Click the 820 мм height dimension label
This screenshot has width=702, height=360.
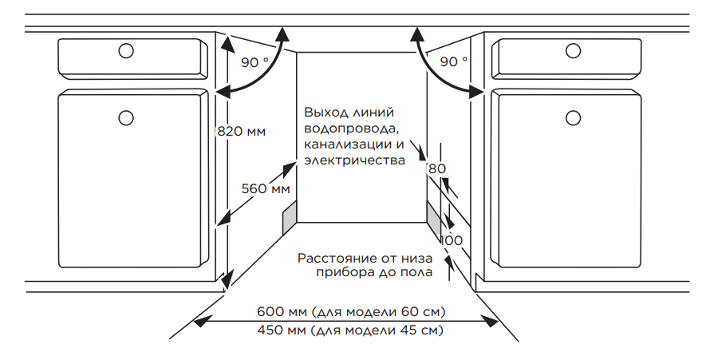(x=241, y=131)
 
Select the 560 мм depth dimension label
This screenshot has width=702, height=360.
(x=266, y=188)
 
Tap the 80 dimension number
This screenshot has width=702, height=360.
(x=437, y=168)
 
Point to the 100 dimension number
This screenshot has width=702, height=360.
(x=452, y=240)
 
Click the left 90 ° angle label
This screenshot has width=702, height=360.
(x=254, y=62)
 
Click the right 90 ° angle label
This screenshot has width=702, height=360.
(x=454, y=61)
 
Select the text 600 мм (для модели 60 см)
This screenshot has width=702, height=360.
(x=351, y=311)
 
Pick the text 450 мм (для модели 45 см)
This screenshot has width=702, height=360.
(x=350, y=330)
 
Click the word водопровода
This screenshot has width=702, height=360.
(x=351, y=129)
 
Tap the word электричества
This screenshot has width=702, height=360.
(x=354, y=160)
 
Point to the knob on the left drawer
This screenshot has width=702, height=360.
(x=126, y=50)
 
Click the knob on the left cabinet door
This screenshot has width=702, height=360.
(x=126, y=118)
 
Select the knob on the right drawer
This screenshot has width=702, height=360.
(x=573, y=50)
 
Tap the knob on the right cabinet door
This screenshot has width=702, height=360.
(x=573, y=118)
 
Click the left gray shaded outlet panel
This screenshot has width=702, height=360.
(x=290, y=217)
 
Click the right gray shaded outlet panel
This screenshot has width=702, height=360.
(x=434, y=217)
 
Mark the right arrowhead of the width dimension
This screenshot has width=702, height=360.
(x=491, y=321)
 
